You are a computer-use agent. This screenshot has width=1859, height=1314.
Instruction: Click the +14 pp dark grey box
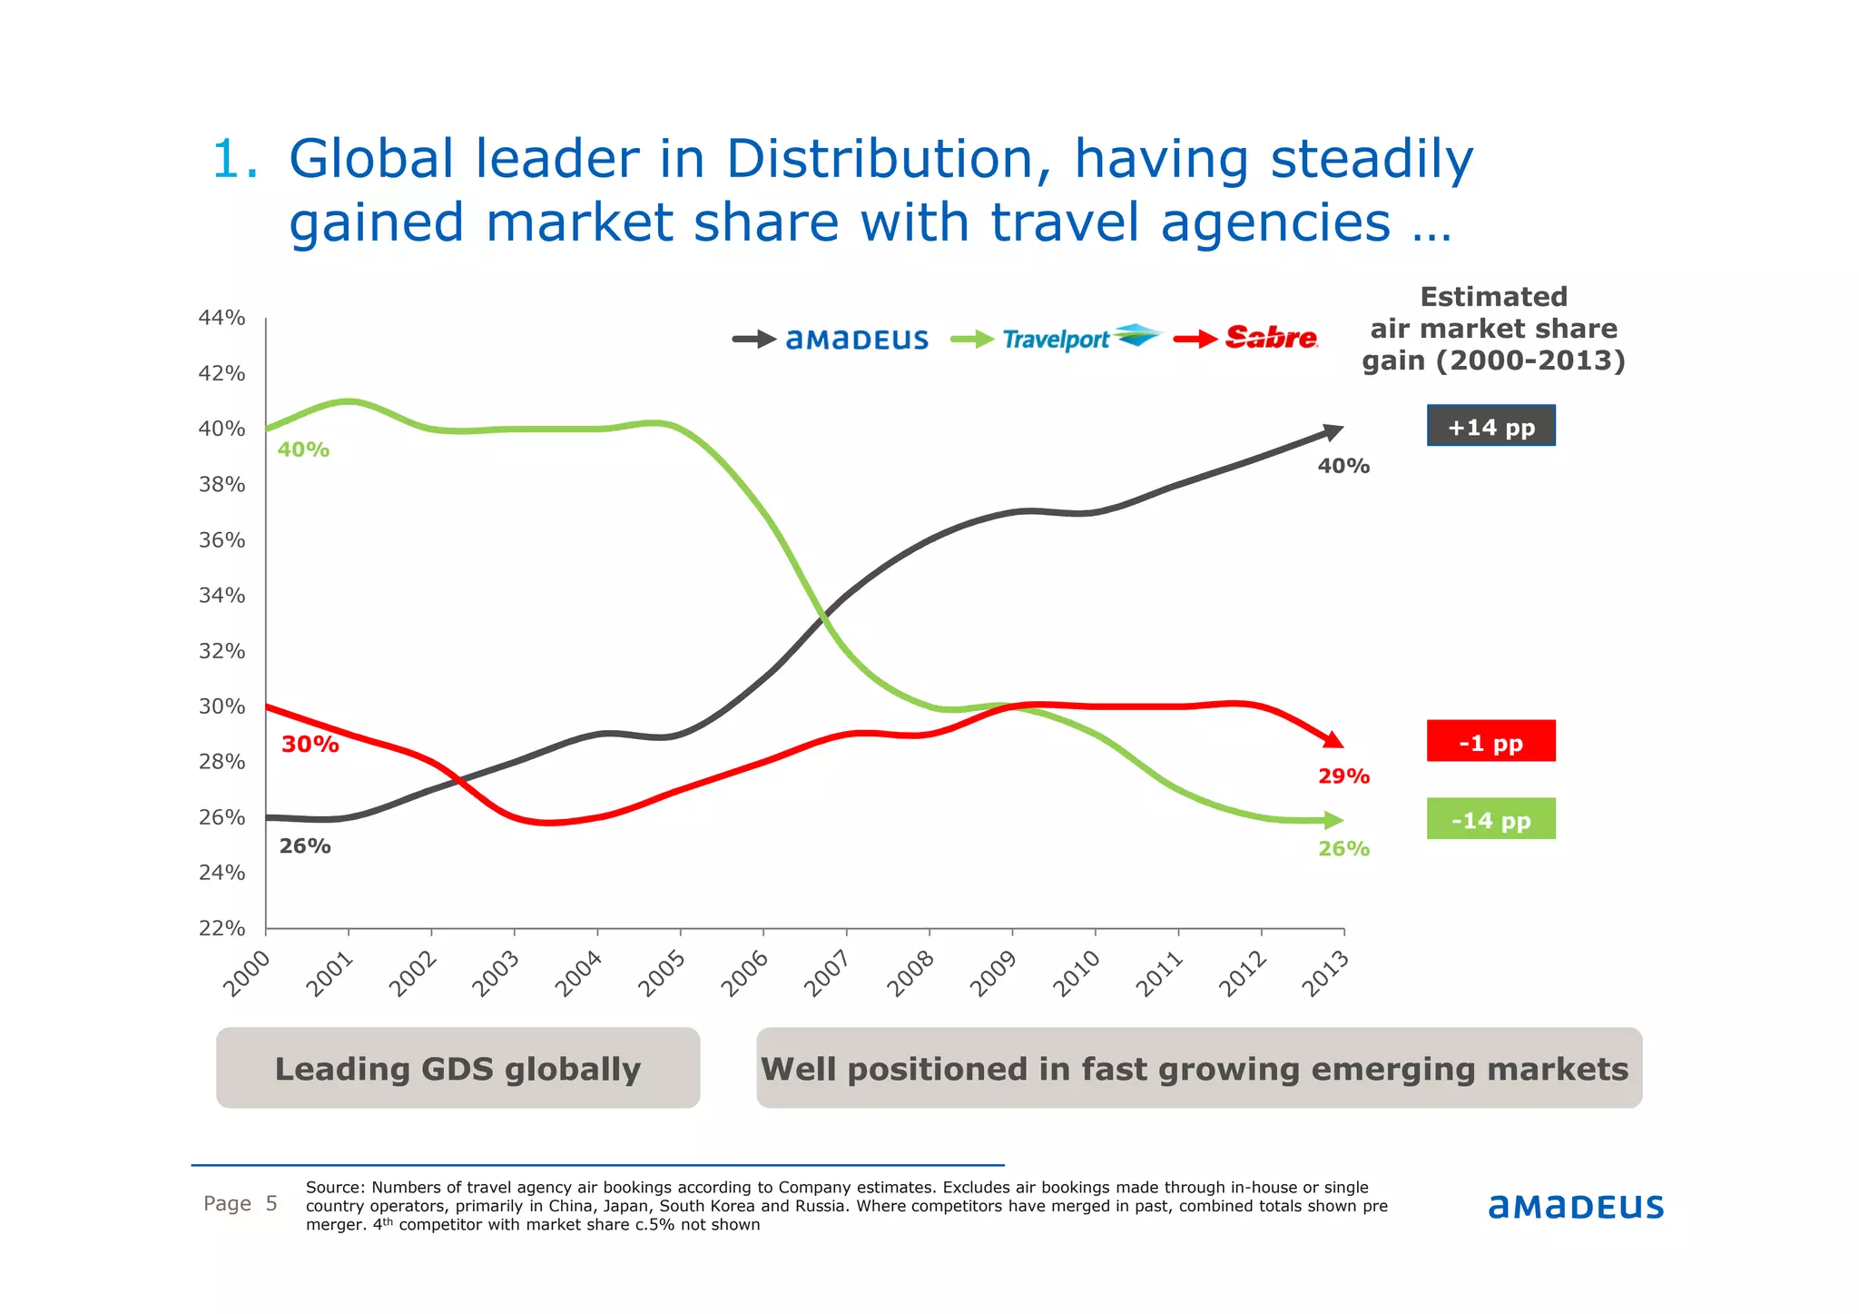pos(1490,426)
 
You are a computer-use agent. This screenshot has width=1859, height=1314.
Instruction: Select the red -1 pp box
pos(1490,741)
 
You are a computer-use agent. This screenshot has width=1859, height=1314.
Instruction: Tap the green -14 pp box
pos(1490,819)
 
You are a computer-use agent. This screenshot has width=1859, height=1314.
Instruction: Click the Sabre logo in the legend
pos(1271,338)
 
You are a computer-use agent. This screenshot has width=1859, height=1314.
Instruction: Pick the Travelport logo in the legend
pos(1080,338)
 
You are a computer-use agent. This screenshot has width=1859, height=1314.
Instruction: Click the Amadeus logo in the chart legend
pos(857,340)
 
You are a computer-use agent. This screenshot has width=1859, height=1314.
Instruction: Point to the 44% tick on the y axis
pos(221,318)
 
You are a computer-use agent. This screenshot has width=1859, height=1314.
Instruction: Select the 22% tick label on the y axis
pos(221,928)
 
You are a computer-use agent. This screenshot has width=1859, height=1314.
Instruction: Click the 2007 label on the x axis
pos(827,973)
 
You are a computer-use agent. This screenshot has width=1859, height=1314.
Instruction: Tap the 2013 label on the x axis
pos(1324,973)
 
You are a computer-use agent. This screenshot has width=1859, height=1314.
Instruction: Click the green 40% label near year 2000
pos(303,450)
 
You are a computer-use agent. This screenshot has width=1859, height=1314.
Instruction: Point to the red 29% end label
pos(1343,776)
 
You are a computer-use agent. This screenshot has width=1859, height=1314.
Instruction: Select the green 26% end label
pos(1343,849)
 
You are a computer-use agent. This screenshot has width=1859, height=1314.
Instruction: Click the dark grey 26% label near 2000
pos(305,846)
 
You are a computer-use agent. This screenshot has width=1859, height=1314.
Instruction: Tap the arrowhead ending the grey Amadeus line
pos(1333,432)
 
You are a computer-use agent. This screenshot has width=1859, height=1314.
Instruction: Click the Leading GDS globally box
pos(457,1068)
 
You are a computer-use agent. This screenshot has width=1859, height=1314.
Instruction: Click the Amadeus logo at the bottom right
pos(1576,1207)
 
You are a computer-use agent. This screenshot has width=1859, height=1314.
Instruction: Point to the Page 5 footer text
pos(241,1204)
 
